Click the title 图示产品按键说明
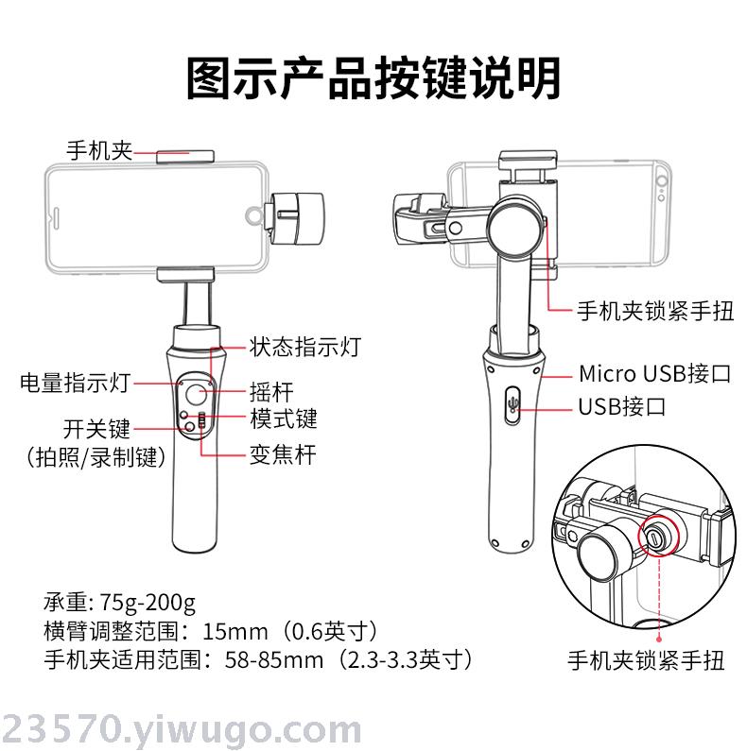373,78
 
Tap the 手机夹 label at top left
99,150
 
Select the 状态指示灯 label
304,347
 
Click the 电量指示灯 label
76,383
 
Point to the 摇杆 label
271,392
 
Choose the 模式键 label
284,418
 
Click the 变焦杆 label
283,454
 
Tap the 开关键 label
96,429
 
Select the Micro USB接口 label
655,373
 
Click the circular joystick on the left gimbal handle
196,395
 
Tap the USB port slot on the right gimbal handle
512,404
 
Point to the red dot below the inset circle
660,639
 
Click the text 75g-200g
148,603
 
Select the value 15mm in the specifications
235,632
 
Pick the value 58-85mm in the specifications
274,660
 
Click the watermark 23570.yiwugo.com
181,729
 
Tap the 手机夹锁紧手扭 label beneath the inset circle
646,660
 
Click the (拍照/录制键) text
96,457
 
